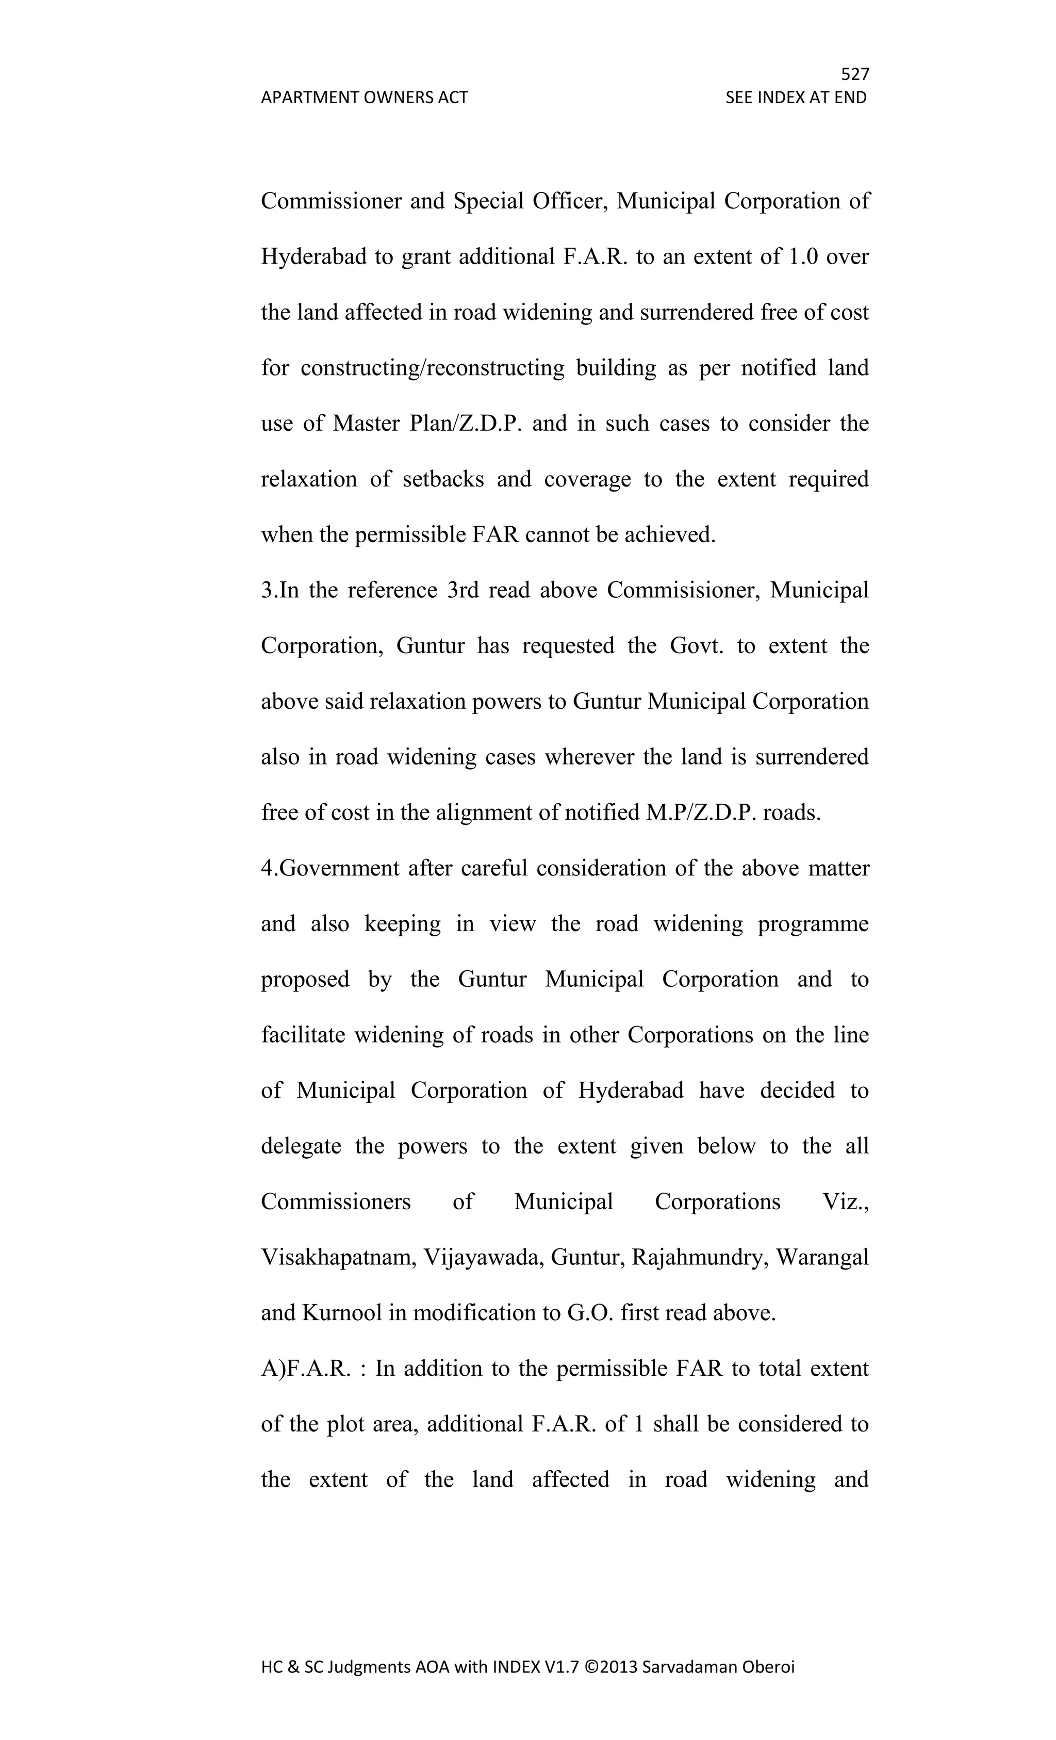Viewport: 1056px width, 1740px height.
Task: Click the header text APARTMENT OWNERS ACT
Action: point(364,97)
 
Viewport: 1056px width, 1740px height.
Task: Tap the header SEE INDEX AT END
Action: point(796,97)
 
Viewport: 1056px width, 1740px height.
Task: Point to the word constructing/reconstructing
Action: point(432,368)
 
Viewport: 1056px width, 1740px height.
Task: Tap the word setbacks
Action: point(443,479)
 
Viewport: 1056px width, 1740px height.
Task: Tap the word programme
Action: point(813,924)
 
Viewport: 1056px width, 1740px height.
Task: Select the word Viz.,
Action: point(846,1202)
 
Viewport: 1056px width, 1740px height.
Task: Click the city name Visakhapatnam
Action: point(337,1258)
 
